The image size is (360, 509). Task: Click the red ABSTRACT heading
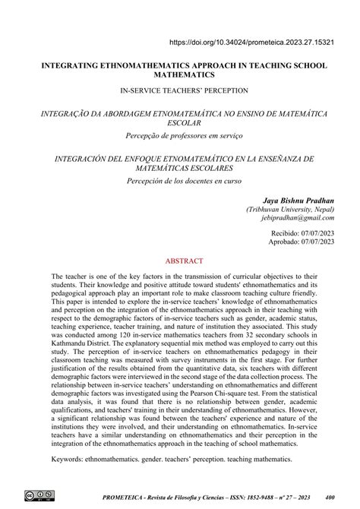[x=180, y=259]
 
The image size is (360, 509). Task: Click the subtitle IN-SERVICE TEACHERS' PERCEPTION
[x=180, y=90]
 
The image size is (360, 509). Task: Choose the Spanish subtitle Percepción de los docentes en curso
[x=180, y=182]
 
